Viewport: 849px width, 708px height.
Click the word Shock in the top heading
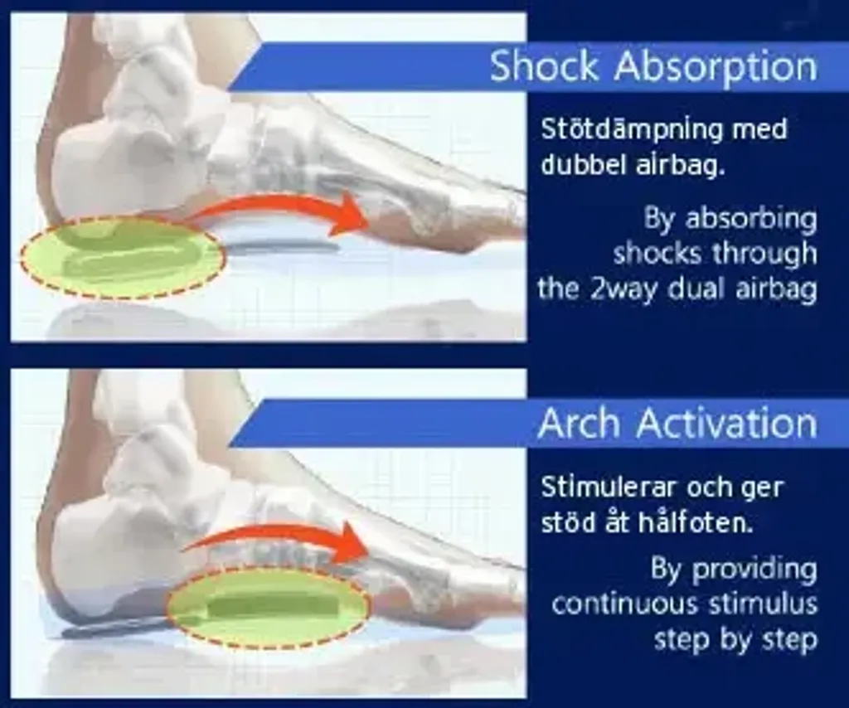click(544, 66)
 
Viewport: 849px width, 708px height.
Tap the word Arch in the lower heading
click(579, 423)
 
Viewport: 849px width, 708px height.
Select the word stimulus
click(764, 604)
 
